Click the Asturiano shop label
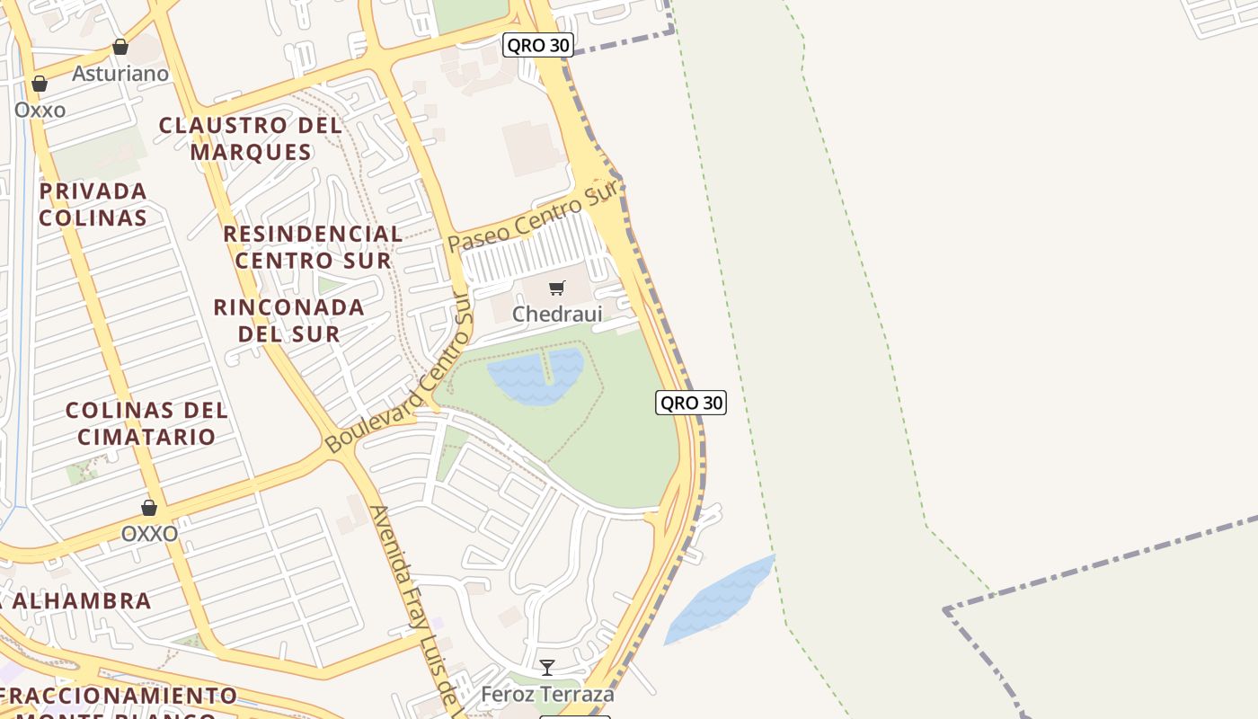tap(120, 74)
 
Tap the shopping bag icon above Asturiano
tap(120, 47)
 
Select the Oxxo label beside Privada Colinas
tap(40, 110)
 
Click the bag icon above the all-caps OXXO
tap(149, 508)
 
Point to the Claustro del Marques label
tap(251, 138)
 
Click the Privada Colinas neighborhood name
tap(93, 204)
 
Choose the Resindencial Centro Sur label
tap(313, 247)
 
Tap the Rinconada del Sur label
tap(289, 320)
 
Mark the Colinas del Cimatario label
tap(146, 423)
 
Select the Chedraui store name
tap(557, 314)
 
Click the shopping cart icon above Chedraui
tap(557, 288)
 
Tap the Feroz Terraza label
tap(547, 694)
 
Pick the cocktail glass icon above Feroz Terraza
tap(546, 668)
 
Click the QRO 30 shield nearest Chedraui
tap(690, 403)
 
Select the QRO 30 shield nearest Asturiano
tap(537, 45)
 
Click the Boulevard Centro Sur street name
tap(400, 377)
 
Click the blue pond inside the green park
tap(536, 376)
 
